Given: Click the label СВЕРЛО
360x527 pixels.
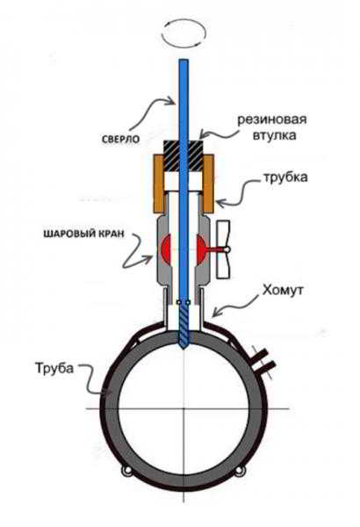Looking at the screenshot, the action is (x=120, y=139).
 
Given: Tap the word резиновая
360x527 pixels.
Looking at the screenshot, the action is (x=272, y=119).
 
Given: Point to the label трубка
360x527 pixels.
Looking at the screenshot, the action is (x=285, y=177).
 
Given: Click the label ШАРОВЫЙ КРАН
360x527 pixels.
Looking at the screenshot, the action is (x=83, y=234).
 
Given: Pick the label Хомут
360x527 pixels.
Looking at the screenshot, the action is (x=283, y=290).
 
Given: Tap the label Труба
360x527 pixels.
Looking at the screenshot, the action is (x=54, y=368).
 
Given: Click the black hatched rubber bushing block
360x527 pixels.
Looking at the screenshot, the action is (x=183, y=156).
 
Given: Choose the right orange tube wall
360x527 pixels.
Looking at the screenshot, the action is (x=208, y=184).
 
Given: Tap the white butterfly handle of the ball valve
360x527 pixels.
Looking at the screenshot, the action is (x=223, y=249).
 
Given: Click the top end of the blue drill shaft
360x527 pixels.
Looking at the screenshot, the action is (x=184, y=60).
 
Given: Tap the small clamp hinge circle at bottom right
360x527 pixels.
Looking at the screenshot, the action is (x=240, y=472).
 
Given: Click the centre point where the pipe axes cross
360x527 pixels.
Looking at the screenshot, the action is (x=184, y=408).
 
